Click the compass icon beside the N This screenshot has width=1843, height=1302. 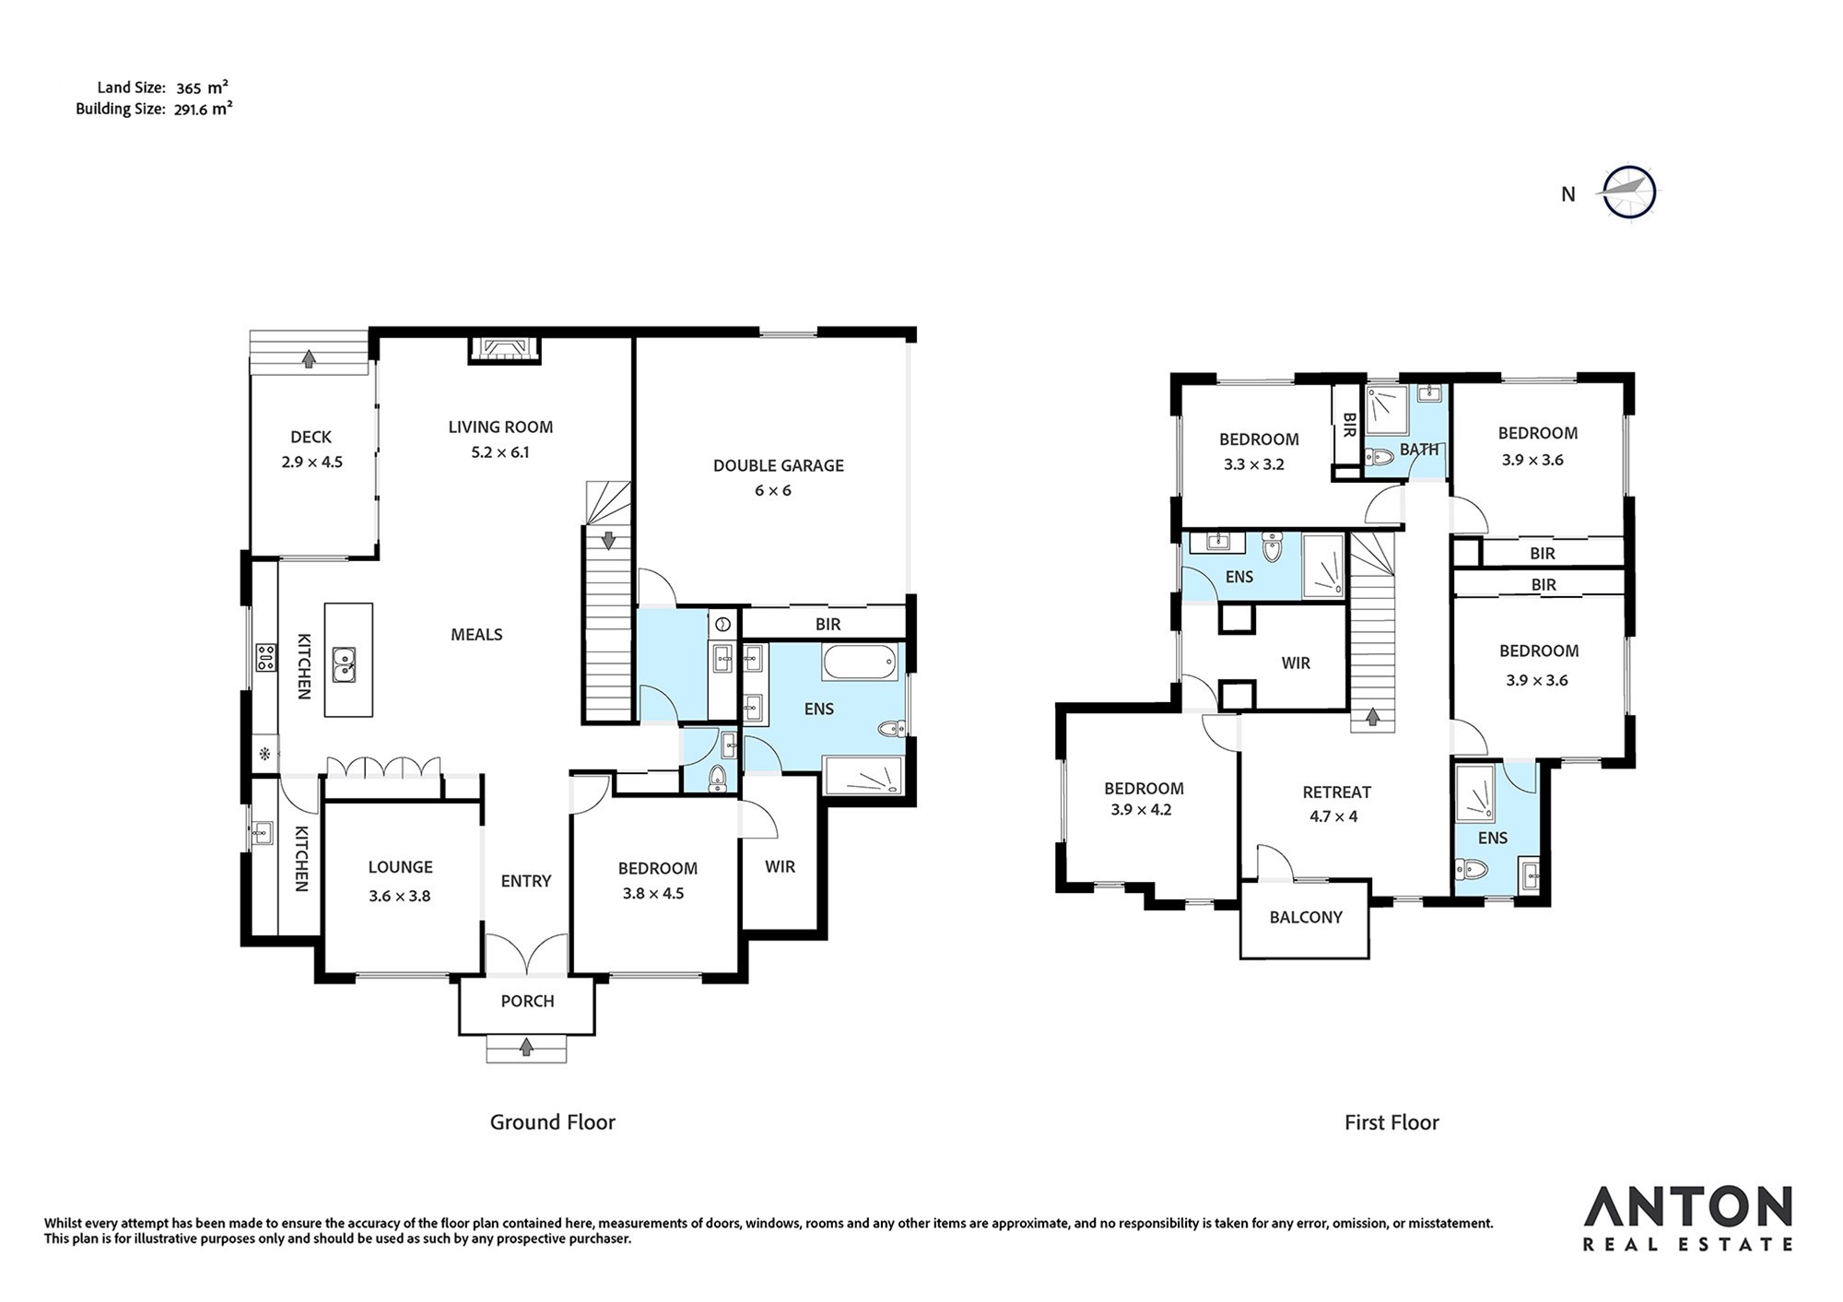(x=1629, y=193)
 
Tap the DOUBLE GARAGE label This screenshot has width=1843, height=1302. (x=779, y=465)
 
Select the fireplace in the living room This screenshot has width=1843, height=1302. (x=503, y=348)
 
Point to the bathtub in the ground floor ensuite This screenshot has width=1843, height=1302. (x=859, y=663)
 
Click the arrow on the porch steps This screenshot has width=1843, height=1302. (x=526, y=1047)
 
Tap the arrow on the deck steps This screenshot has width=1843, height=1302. (x=309, y=358)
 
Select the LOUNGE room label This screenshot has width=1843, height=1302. (x=400, y=867)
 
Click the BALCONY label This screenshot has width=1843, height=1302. (x=1306, y=917)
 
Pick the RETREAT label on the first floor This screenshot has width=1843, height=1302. (x=1337, y=792)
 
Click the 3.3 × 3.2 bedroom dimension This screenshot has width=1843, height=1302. (x=1254, y=464)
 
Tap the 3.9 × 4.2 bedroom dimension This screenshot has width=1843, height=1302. (x=1141, y=810)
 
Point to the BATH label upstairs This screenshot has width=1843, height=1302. (x=1419, y=450)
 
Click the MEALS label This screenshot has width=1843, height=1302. (x=476, y=634)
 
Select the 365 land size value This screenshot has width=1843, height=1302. (x=189, y=88)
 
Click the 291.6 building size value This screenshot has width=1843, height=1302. (x=192, y=109)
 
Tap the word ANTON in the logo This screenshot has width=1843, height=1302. (x=1688, y=1207)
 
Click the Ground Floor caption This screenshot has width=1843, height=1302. (x=552, y=1121)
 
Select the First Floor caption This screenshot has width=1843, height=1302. (x=1391, y=1121)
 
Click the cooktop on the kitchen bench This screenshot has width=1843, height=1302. (x=266, y=657)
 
